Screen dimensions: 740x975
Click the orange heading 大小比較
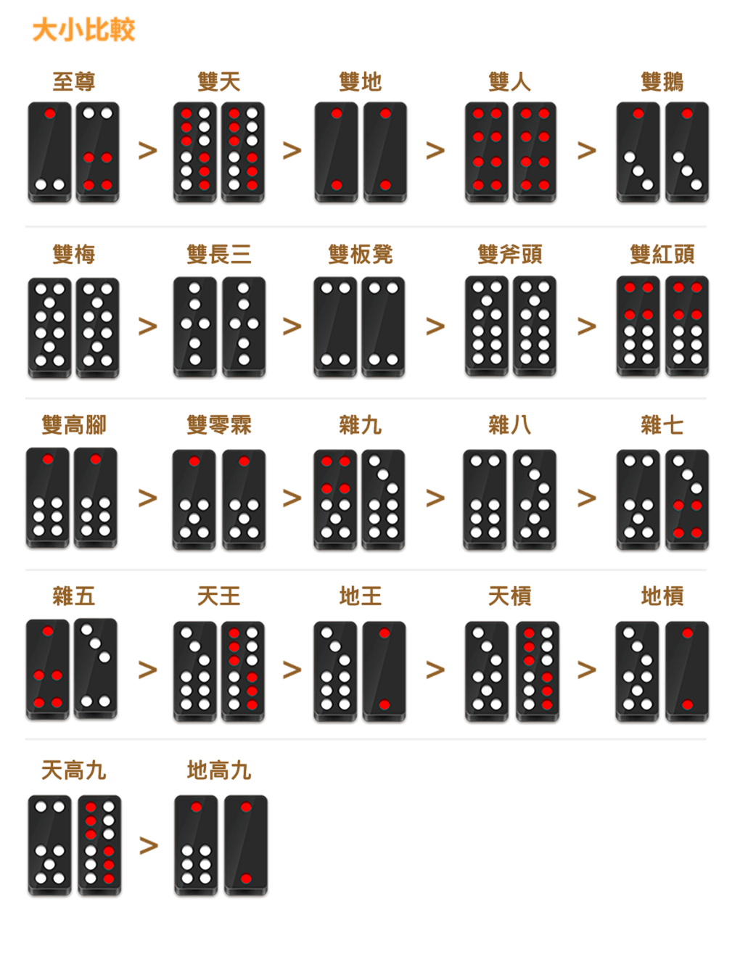click(x=83, y=30)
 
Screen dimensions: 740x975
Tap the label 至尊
click(x=74, y=82)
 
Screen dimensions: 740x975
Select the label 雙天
click(x=219, y=82)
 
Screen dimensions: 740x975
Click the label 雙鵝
click(x=662, y=82)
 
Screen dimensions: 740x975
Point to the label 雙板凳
click(x=361, y=255)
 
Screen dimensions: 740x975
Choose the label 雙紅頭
click(x=662, y=255)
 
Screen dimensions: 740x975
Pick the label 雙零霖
click(x=219, y=425)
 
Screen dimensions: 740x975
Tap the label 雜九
click(x=361, y=425)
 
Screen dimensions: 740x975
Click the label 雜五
click(x=74, y=596)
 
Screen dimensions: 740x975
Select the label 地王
click(x=361, y=596)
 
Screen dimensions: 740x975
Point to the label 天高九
click(x=74, y=770)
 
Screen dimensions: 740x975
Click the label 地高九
click(x=219, y=770)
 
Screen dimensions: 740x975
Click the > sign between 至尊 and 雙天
click(x=148, y=151)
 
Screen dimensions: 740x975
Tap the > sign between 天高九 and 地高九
click(x=149, y=845)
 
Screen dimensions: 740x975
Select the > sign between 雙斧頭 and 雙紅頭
click(x=587, y=326)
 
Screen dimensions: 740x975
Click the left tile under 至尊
click(x=49, y=152)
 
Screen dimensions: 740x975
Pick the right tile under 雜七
click(x=687, y=500)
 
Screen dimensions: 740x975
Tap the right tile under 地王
click(x=385, y=671)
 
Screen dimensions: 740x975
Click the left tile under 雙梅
click(x=49, y=328)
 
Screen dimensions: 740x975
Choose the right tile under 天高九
click(x=99, y=845)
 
